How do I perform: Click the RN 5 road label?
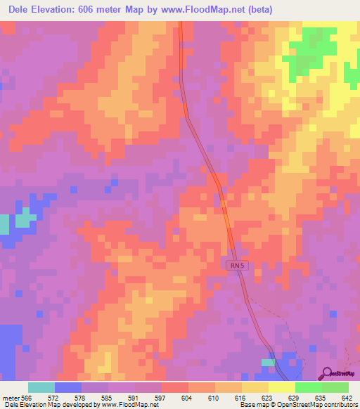(238, 265)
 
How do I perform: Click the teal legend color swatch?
(41, 387)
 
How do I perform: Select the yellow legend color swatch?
(281, 387)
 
